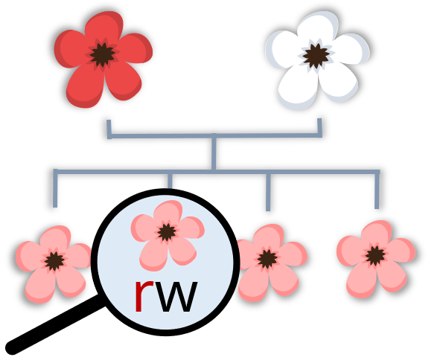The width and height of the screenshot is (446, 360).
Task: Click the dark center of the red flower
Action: point(103,55)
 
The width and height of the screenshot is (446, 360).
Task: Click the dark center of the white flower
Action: point(316,56)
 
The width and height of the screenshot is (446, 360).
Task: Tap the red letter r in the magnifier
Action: point(144,296)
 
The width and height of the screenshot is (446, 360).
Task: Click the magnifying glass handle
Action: point(54,324)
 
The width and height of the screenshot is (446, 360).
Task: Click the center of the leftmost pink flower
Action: point(54,261)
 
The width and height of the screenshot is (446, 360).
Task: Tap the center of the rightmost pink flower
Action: point(375,256)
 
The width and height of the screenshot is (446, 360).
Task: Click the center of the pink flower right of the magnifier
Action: point(267,259)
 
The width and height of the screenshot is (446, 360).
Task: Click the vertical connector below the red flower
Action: point(109,129)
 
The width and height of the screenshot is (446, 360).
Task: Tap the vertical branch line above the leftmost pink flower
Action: point(55,189)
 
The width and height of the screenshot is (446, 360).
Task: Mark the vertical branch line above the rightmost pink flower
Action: point(377,190)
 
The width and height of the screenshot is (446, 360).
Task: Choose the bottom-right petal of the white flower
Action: point(338,82)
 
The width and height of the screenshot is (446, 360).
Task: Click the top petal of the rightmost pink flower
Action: point(376,232)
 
